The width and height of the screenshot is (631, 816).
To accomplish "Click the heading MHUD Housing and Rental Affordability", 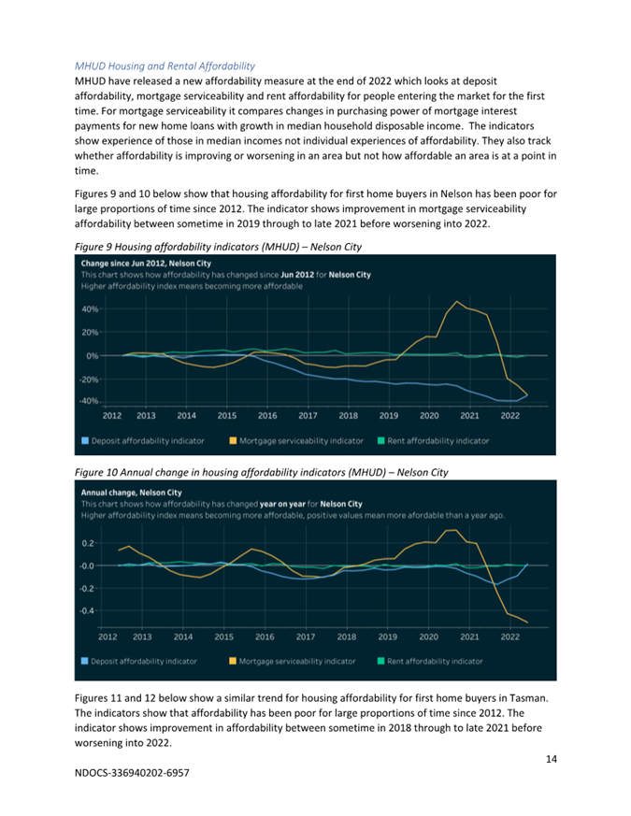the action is click(x=165, y=66).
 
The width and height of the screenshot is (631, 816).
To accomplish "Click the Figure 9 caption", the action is click(x=218, y=247).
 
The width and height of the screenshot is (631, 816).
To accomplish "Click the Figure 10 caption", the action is click(x=262, y=472).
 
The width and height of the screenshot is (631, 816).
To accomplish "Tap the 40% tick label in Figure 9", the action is click(x=90, y=309).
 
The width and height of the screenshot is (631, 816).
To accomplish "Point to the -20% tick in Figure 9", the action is click(x=89, y=379).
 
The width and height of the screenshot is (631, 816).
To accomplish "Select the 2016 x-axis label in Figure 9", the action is click(x=267, y=415).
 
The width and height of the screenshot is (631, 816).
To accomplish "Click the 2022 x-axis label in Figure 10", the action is click(x=509, y=637).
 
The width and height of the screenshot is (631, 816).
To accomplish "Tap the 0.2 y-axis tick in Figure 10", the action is click(x=88, y=543).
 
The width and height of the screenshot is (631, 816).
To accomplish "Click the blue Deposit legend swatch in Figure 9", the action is click(x=85, y=441).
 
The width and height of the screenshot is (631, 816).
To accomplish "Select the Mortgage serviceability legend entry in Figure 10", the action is click(x=293, y=661).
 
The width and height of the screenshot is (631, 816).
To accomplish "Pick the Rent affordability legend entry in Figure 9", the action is click(x=433, y=441).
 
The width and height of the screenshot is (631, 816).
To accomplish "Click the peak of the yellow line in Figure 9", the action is click(x=456, y=301).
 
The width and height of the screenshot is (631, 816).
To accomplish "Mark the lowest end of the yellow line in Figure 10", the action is click(x=527, y=623).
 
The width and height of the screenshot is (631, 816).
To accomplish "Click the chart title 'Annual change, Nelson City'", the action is click(x=131, y=493).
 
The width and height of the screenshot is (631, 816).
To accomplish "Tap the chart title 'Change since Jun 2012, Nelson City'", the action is click(x=146, y=264).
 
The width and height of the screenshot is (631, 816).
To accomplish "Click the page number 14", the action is click(x=552, y=759).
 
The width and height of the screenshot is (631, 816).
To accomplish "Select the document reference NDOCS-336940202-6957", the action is click(x=132, y=773).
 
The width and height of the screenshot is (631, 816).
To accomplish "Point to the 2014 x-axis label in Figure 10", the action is click(x=182, y=637).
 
